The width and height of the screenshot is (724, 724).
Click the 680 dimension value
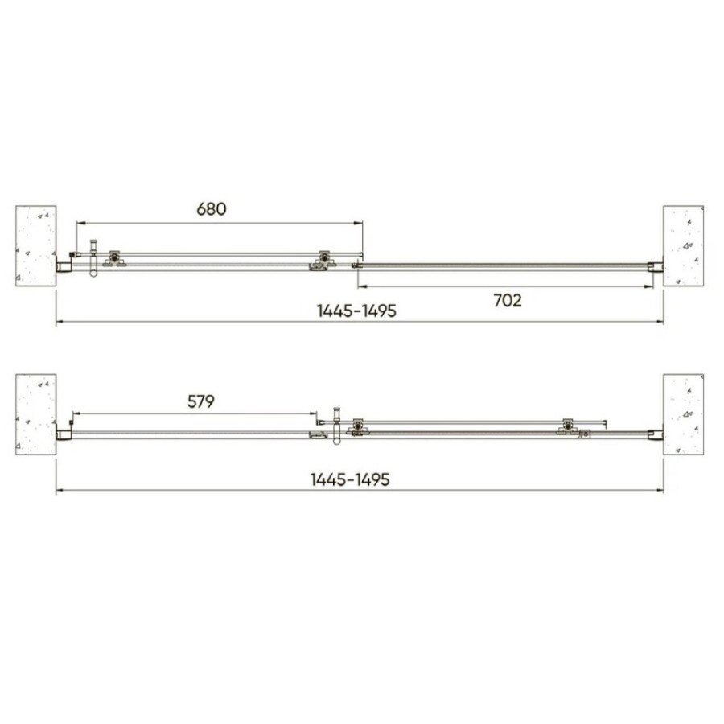point(212,208)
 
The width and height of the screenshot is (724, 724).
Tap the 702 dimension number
point(508,301)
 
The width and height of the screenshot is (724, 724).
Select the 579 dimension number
point(201,401)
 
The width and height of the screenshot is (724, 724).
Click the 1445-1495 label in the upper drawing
point(356,311)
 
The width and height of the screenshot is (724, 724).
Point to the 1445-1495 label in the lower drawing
point(350,479)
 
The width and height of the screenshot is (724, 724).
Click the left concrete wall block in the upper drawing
point(36,245)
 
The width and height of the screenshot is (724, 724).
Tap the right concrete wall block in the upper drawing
point(684,245)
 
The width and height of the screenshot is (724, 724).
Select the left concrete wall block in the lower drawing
point(36,414)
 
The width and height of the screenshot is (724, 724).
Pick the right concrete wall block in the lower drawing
point(684,414)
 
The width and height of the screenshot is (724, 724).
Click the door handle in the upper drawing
point(94,257)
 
